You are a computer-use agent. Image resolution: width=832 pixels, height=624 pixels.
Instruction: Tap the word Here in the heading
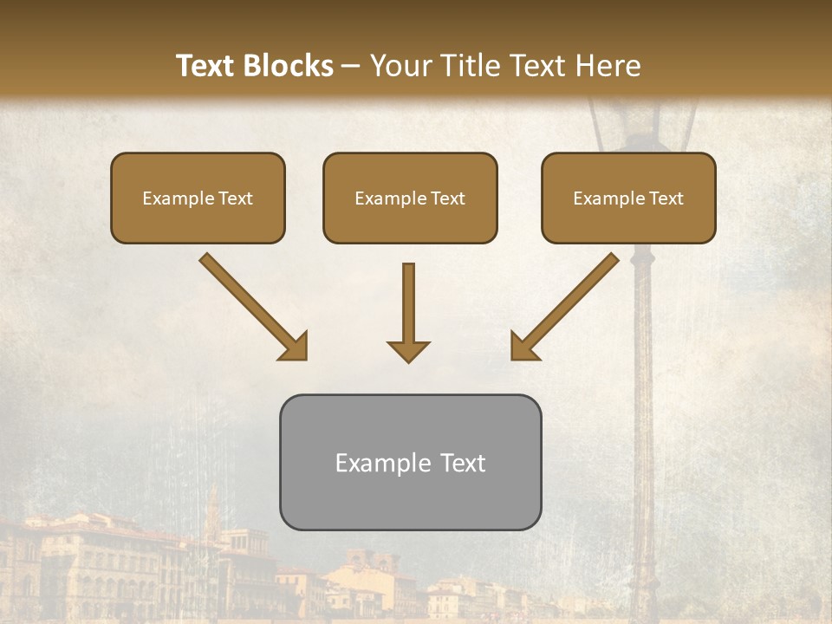click(608, 66)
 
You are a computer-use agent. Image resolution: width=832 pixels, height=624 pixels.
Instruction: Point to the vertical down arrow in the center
click(408, 303)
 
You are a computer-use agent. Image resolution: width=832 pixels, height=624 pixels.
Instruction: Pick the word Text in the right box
click(666, 198)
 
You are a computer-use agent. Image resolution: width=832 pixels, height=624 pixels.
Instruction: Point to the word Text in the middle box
click(447, 198)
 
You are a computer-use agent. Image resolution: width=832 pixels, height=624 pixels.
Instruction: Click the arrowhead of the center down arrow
click(408, 350)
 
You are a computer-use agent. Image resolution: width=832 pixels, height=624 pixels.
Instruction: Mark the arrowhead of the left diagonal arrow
click(295, 347)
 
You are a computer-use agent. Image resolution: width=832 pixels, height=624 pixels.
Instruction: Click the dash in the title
click(351, 67)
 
